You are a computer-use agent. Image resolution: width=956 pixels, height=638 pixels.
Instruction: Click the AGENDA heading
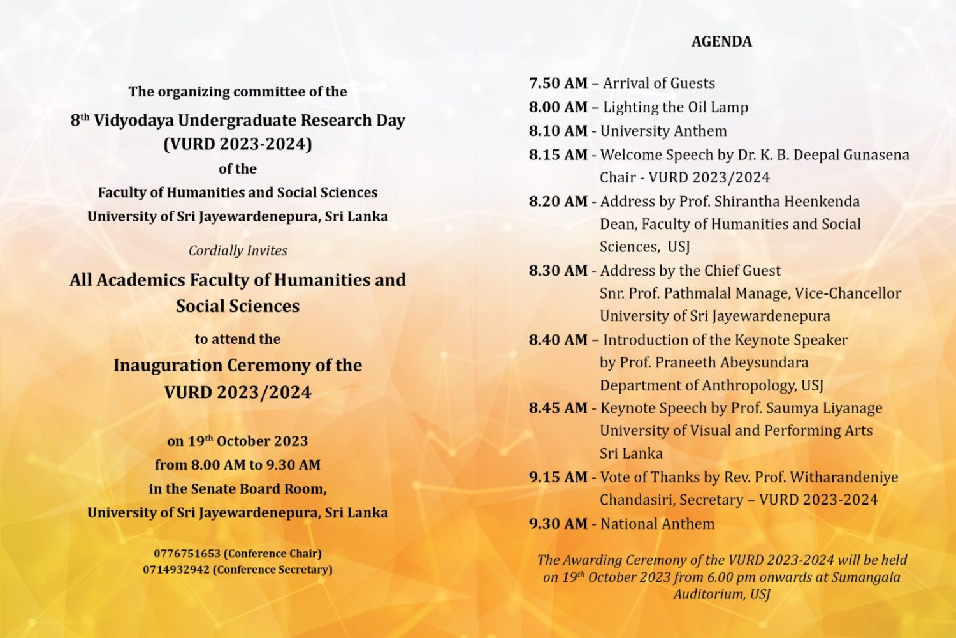(x=721, y=42)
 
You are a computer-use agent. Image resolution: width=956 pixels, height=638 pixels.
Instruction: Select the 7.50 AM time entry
(x=558, y=84)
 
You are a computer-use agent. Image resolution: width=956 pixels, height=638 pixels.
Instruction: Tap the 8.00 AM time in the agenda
(x=558, y=107)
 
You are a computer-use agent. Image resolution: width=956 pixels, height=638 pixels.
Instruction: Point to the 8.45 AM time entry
(x=558, y=408)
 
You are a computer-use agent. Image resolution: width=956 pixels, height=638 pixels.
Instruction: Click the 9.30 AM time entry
(x=558, y=524)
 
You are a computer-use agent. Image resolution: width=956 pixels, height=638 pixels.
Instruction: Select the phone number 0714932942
(x=176, y=569)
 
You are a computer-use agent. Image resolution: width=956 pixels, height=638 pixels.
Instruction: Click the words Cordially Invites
(x=238, y=251)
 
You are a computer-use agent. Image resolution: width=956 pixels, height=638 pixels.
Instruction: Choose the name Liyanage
(x=850, y=408)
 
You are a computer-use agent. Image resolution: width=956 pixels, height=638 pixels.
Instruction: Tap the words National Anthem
(x=657, y=524)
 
